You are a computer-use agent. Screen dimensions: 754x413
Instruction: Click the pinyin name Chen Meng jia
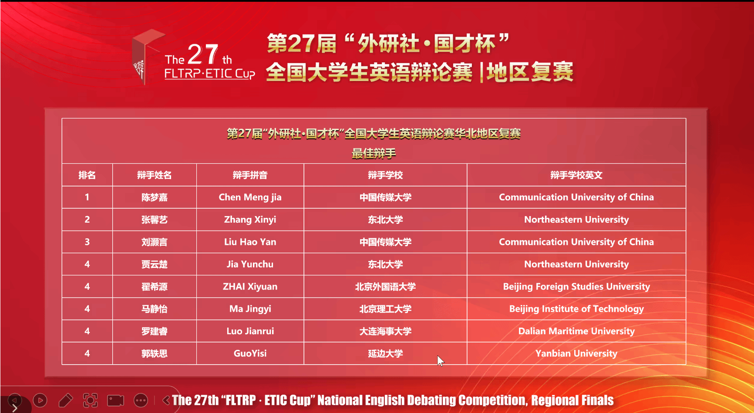pos(250,197)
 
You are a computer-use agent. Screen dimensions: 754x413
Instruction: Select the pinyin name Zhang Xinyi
pos(250,220)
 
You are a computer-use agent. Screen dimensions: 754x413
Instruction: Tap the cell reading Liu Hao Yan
pos(250,242)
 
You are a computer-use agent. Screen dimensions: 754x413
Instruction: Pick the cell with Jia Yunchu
pos(250,264)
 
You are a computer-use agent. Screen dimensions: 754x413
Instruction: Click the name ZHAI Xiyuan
pos(250,286)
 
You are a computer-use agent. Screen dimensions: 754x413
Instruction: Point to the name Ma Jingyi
pos(250,309)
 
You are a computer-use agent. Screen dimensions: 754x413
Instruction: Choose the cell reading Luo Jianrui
pos(250,331)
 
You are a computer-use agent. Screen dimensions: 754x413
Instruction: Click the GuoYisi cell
pos(250,353)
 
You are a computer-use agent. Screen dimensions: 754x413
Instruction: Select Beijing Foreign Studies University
pos(576,287)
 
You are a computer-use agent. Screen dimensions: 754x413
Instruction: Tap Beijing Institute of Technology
pos(576,309)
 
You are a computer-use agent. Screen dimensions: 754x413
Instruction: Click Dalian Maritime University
pos(576,331)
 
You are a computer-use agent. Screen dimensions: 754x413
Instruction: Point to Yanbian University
pos(576,353)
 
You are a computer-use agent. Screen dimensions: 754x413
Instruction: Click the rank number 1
pos(87,197)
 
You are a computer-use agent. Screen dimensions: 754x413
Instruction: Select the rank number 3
pos(87,242)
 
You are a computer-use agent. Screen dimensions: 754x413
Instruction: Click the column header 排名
pos(87,175)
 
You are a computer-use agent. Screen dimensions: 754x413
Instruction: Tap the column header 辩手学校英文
pos(576,175)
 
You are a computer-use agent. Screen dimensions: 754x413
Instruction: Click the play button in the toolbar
pos(40,400)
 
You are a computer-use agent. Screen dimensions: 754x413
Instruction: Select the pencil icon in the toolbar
pos(65,400)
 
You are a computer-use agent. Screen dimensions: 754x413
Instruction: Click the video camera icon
pos(115,400)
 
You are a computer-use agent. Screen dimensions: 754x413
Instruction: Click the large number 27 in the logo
pos(203,54)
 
